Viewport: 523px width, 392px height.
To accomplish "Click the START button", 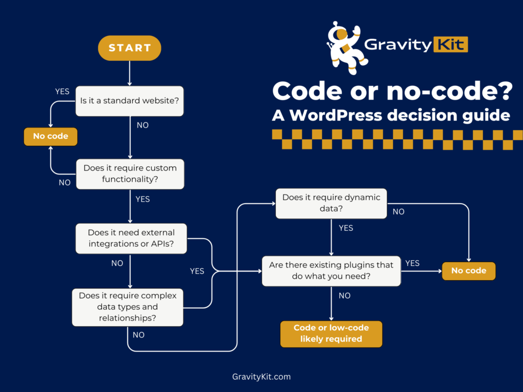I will click(x=130, y=48).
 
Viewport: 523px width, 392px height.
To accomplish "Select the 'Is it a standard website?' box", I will click(x=130, y=101).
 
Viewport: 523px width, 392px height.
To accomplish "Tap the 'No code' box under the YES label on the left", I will click(x=51, y=136).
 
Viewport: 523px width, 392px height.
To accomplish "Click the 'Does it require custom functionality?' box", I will click(x=130, y=174).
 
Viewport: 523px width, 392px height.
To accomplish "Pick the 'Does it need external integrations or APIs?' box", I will click(x=131, y=238).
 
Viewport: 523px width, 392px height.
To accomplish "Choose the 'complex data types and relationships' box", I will click(x=128, y=307).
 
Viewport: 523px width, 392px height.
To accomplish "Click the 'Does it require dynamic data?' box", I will click(x=331, y=203).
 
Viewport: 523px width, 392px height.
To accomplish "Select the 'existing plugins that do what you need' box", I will click(x=331, y=271).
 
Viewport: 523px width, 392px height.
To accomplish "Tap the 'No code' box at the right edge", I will click(x=468, y=271).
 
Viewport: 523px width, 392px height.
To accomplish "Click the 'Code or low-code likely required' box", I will click(x=331, y=333).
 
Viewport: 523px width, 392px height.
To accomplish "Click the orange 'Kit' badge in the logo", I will click(x=451, y=44).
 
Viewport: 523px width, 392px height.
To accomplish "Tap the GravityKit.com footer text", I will click(x=261, y=377).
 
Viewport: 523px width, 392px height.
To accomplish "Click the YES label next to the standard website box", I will click(x=62, y=91).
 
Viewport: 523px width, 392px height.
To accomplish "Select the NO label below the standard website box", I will click(x=142, y=125).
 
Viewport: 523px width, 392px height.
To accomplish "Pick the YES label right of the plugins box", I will click(x=412, y=263).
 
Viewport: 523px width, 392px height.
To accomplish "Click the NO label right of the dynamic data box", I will click(x=398, y=211).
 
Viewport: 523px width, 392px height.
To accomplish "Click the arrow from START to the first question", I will click(x=130, y=72).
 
